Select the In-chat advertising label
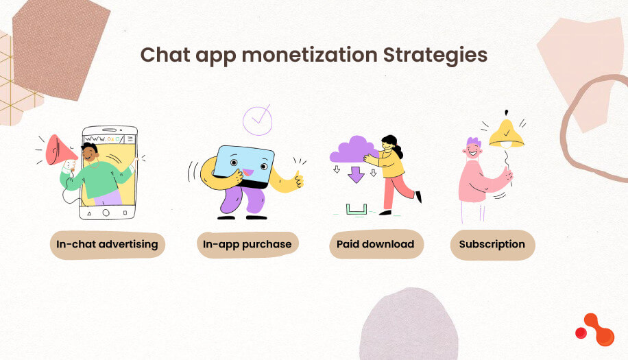[108, 244]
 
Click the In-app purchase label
[247, 244]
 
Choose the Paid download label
[375, 244]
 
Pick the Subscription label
[492, 244]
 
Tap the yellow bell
[506, 134]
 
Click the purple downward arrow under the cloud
[356, 174]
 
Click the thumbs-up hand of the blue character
[298, 180]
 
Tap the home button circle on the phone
[106, 213]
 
